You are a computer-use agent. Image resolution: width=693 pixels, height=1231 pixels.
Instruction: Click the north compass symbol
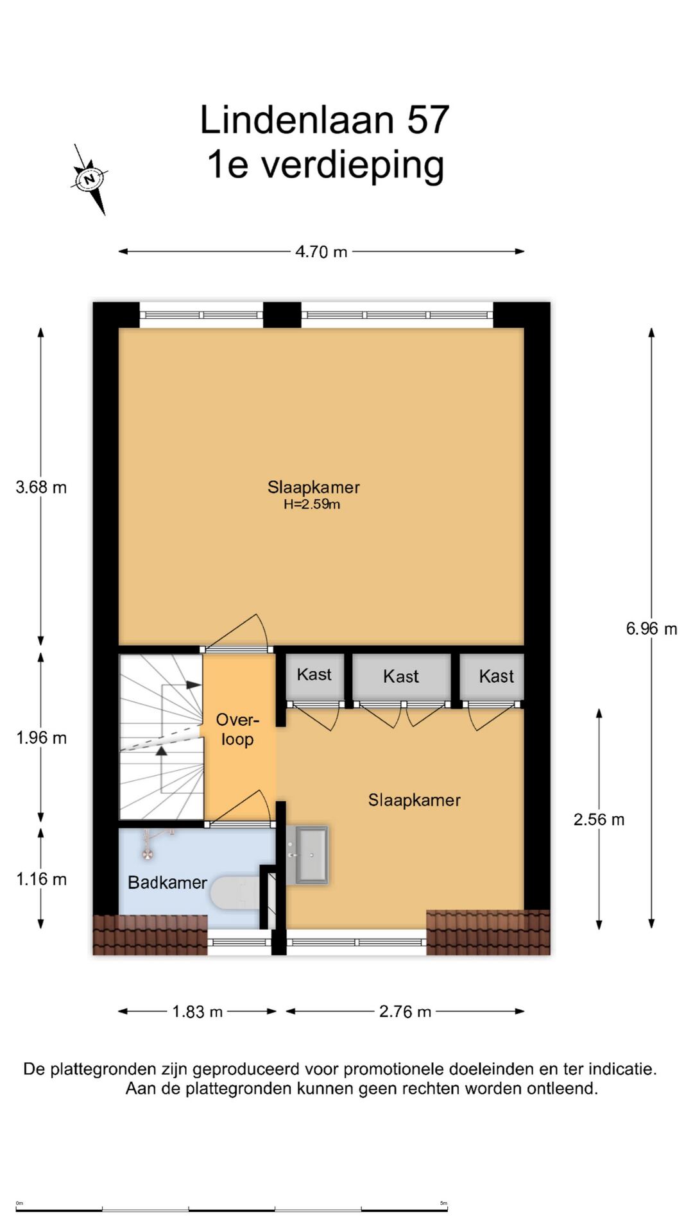click(89, 179)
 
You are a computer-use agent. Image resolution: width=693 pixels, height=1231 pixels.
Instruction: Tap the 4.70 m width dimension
click(321, 252)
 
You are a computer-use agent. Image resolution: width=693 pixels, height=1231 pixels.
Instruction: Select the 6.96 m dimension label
click(651, 629)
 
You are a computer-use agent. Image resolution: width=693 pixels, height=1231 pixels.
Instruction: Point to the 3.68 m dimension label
click(41, 487)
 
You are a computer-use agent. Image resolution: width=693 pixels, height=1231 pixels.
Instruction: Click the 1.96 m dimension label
click(41, 738)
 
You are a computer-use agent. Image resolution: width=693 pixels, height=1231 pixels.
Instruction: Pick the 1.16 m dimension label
click(41, 879)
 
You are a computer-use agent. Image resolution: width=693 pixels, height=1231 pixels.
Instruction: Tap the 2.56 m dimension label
click(599, 819)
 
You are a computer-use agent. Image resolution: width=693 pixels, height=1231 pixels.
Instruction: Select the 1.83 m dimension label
click(197, 1012)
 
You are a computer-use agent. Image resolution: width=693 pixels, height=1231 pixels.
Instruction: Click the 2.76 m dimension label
click(405, 1012)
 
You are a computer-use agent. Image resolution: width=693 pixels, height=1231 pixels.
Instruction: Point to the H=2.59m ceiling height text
click(312, 505)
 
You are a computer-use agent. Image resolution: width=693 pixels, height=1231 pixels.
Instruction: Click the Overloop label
click(237, 730)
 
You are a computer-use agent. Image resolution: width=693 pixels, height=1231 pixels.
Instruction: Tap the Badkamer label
click(167, 883)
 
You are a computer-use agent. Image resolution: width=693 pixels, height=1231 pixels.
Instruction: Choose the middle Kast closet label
click(400, 676)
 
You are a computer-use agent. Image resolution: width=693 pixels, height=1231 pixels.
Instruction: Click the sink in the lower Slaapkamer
click(307, 855)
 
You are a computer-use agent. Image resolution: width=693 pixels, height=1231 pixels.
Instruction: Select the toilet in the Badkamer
click(235, 892)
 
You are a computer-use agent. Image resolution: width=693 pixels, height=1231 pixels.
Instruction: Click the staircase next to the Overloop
click(161, 737)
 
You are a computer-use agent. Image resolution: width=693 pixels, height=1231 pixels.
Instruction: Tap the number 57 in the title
click(428, 120)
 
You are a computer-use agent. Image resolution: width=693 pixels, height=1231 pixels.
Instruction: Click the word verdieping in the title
click(352, 166)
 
